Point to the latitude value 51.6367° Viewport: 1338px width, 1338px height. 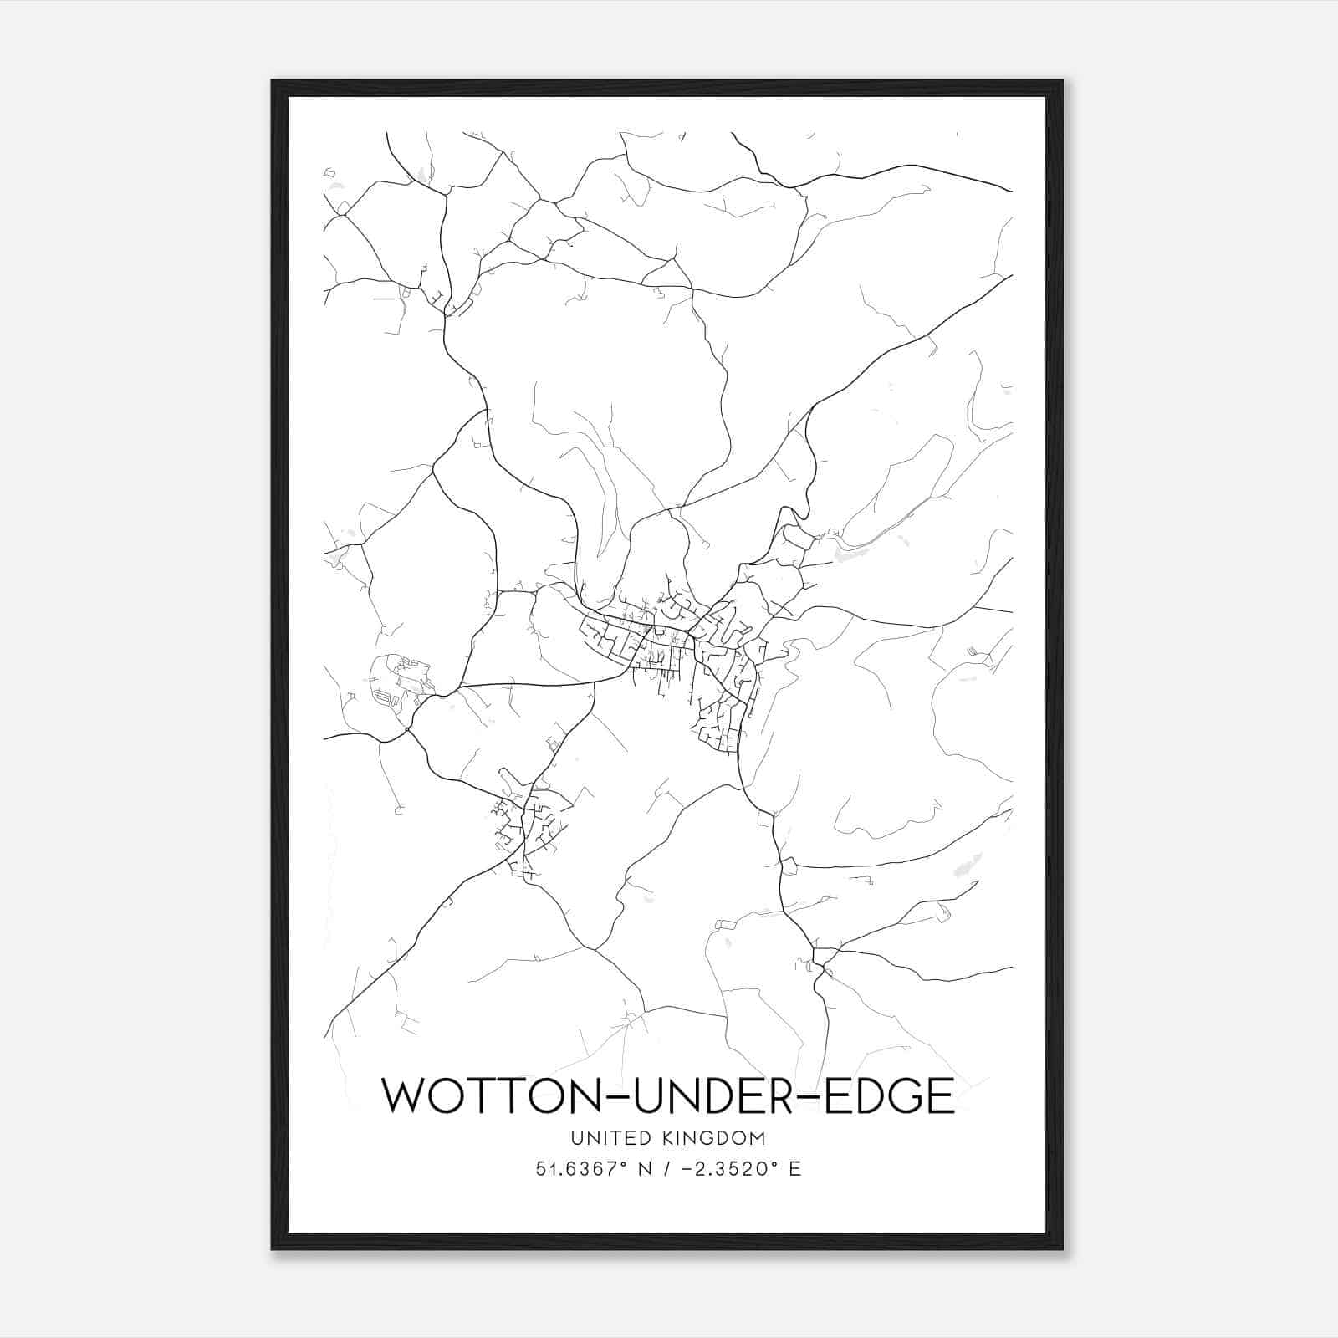[x=582, y=1169]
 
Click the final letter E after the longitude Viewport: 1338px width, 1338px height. [x=795, y=1169]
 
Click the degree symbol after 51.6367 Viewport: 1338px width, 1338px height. [x=627, y=1164]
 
